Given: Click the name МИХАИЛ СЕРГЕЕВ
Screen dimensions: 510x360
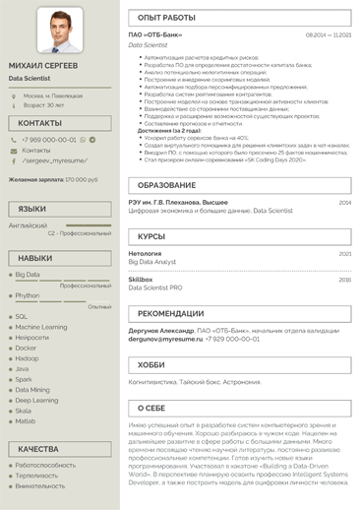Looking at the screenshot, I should click(x=43, y=65).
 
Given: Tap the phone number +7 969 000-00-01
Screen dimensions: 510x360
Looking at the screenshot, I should click(x=48, y=140).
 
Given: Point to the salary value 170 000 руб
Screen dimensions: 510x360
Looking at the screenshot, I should click(x=81, y=179).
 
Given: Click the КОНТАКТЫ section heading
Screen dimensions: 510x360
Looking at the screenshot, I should click(x=39, y=123).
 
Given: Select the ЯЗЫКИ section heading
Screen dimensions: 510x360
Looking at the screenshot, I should click(x=32, y=209).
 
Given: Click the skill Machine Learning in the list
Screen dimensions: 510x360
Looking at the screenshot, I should click(x=41, y=327).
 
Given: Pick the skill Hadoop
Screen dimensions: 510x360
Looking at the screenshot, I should click(x=28, y=358).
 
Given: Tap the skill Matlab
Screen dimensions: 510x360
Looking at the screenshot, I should click(x=26, y=421).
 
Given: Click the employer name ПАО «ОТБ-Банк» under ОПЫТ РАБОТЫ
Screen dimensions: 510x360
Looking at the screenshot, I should click(x=155, y=34).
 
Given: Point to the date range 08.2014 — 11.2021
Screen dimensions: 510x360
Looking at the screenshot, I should click(x=328, y=34).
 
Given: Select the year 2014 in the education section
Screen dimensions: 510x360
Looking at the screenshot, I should click(x=344, y=202).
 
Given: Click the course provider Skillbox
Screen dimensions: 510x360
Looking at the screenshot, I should click(x=141, y=280).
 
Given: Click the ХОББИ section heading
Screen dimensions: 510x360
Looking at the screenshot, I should click(x=151, y=364).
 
